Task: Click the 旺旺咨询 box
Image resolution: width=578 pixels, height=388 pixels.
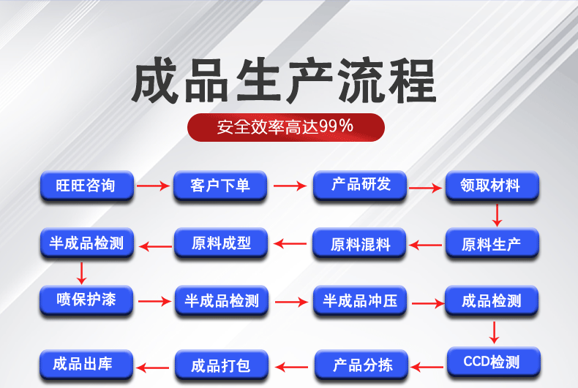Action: coord(86,186)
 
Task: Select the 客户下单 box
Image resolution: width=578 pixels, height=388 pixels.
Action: coord(220,186)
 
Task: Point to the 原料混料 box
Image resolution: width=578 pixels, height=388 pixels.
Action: coord(361,243)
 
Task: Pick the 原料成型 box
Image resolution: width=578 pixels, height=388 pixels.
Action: coord(221,243)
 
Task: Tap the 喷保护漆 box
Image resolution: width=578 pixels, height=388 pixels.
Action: coord(86,300)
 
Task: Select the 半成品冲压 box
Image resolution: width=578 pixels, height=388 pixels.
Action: coord(361,300)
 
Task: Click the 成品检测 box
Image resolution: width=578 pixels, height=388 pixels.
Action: coord(492,300)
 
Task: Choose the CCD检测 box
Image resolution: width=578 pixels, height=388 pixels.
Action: coord(492,361)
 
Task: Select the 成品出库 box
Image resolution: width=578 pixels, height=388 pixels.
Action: coord(86,363)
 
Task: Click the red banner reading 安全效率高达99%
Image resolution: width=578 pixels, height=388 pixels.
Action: coord(286,126)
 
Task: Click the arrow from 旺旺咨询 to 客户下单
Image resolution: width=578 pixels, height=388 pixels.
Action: coord(153,186)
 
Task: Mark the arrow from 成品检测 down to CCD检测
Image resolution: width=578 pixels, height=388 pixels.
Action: coord(495,332)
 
